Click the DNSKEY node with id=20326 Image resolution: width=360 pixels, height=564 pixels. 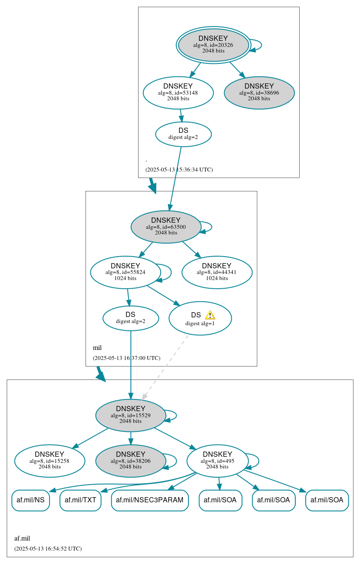click(213, 45)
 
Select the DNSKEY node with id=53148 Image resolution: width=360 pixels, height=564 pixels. click(178, 92)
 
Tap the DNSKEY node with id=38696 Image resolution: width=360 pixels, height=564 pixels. click(259, 92)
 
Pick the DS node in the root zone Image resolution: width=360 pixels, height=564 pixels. click(183, 134)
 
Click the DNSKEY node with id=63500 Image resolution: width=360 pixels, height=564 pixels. click(166, 227)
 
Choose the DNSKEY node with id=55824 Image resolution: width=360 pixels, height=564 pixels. click(126, 272)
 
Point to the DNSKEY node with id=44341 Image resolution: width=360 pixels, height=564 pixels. click(217, 272)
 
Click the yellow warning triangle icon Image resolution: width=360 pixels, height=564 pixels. click(210, 315)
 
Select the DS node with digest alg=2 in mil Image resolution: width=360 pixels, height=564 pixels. click(131, 318)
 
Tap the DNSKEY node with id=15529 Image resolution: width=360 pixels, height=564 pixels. click(131, 416)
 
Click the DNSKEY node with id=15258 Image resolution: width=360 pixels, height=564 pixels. click(50, 461)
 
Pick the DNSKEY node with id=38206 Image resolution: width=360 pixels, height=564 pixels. click(131, 461)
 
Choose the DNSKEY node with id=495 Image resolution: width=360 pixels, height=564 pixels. click(217, 461)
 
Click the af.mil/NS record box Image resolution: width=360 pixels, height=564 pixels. click(30, 500)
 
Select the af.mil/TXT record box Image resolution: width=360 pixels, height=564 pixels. click(80, 500)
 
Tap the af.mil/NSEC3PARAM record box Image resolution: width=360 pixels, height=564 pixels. click(150, 500)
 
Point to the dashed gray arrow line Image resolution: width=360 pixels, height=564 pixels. click(165, 367)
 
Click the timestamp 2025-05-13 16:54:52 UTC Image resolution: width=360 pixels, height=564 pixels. click(48, 549)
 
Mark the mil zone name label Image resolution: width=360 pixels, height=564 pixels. click(97, 348)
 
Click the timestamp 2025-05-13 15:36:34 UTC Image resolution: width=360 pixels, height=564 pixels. click(179, 170)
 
